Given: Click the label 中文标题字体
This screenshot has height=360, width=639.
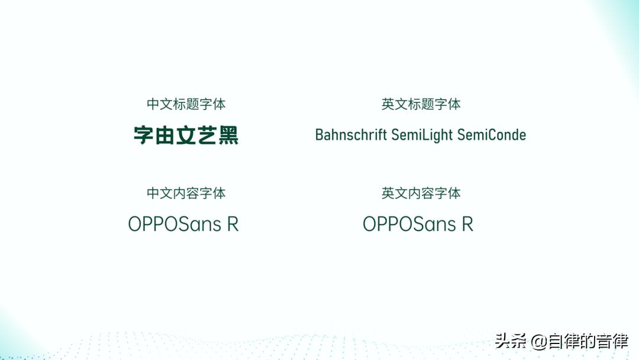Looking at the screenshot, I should [186, 104].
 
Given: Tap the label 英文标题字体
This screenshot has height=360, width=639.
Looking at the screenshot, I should [421, 104].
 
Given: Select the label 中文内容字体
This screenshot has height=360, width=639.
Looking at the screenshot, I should [186, 193].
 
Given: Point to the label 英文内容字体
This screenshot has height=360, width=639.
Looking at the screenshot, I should [421, 193].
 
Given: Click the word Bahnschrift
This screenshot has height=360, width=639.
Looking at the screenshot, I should [350, 135].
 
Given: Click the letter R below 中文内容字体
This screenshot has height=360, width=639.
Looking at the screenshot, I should [233, 224].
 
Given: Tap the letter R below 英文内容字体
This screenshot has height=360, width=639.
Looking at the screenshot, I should [467, 224].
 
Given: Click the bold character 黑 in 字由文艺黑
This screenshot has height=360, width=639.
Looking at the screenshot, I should [228, 136].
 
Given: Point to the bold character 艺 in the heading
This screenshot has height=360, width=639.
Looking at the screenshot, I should [207, 136].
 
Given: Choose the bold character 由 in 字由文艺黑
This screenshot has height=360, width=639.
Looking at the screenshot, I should [164, 136].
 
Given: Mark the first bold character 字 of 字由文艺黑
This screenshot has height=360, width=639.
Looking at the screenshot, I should [143, 136].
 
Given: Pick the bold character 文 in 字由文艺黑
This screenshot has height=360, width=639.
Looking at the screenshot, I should [186, 136].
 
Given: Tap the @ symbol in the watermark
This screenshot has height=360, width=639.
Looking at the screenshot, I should [538, 342].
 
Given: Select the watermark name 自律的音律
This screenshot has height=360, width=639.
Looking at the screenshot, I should [588, 341].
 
